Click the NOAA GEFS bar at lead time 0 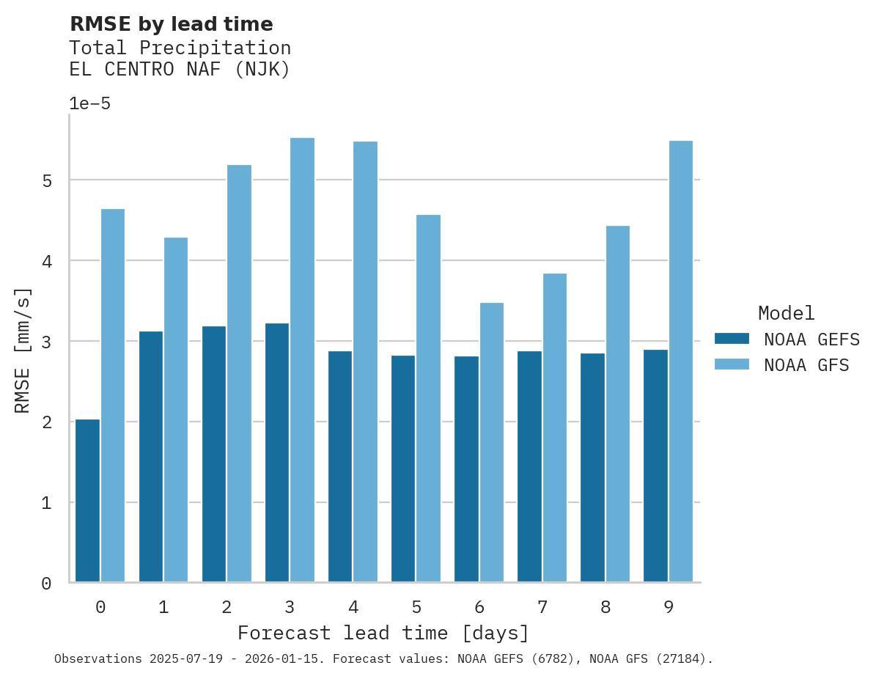87,501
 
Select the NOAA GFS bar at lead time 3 302,360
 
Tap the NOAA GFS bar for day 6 491,442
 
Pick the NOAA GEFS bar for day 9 655,466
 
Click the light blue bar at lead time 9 680,361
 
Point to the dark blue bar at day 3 277,452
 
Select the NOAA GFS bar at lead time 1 176,410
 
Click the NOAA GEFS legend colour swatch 732,339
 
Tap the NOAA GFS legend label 806,365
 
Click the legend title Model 786,314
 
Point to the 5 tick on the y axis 46,180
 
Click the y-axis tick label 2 46,422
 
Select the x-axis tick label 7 542,607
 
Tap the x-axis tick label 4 353,607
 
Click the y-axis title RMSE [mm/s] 23,350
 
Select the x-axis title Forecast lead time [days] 383,633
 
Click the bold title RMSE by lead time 171,24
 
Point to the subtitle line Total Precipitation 180,48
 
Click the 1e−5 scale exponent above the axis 89,104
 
